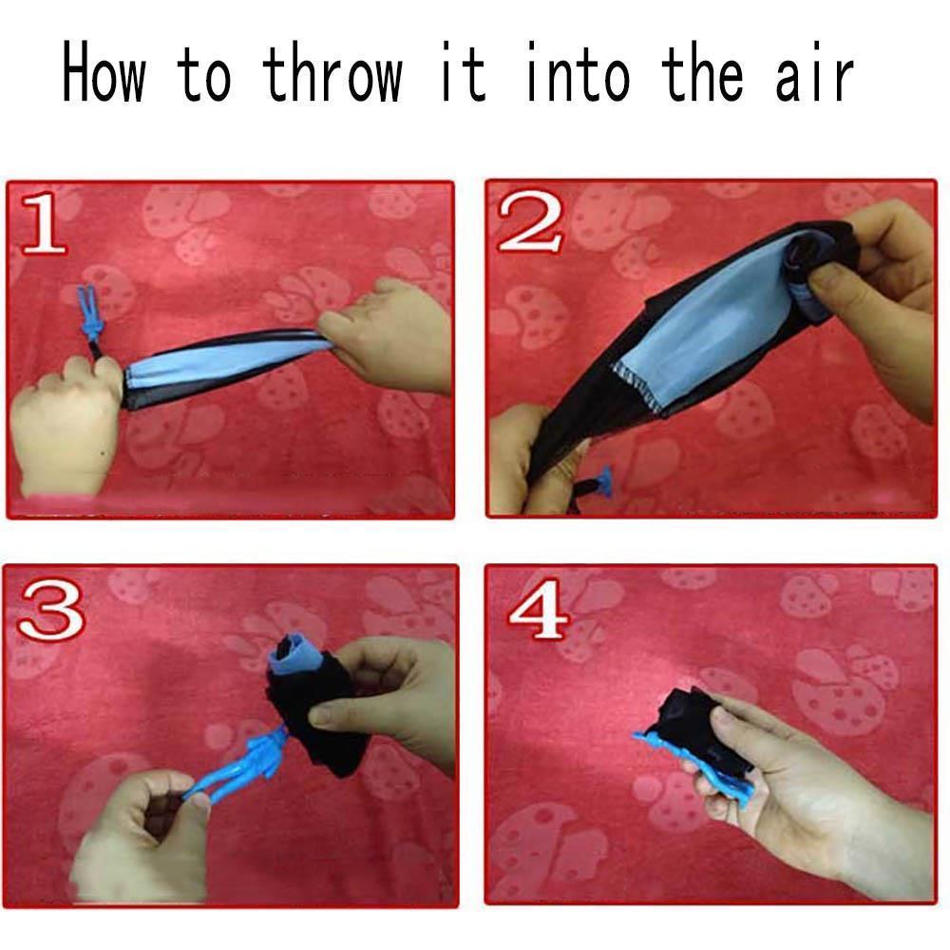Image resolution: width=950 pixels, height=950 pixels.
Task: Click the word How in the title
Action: click(x=104, y=71)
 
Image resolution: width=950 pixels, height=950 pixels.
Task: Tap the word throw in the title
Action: click(x=332, y=71)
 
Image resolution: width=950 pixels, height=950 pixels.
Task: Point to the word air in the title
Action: click(x=815, y=71)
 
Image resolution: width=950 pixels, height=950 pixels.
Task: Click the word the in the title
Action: click(x=703, y=71)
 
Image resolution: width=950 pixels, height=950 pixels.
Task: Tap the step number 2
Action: click(x=528, y=221)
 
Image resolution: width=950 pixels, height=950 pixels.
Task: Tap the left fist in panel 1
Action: click(x=66, y=424)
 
